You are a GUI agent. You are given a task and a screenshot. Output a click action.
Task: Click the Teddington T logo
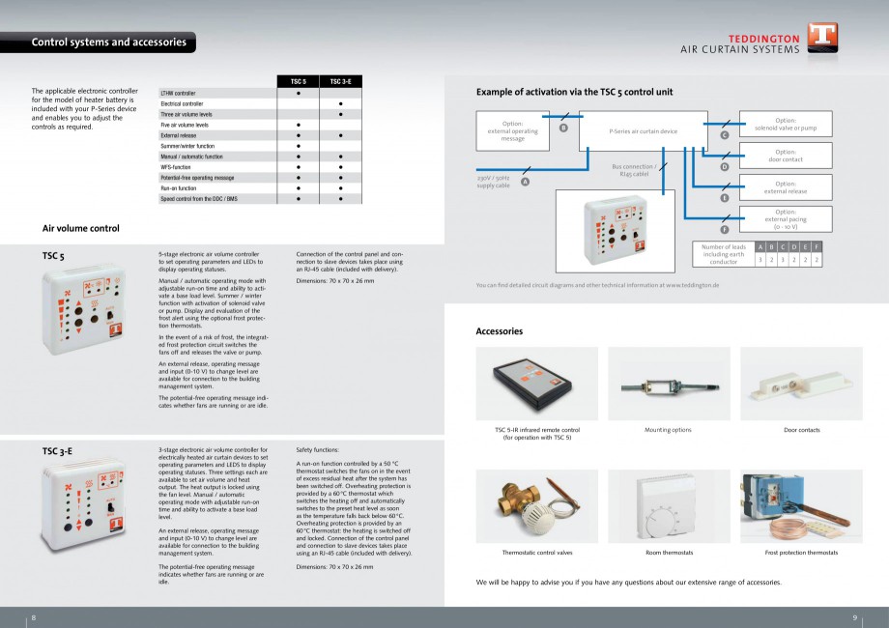tap(822, 39)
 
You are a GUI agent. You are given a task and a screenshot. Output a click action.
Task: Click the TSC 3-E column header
tap(340, 82)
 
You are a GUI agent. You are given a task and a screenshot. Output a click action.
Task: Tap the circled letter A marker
tap(525, 182)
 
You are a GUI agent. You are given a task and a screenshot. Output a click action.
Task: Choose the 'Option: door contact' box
tap(785, 156)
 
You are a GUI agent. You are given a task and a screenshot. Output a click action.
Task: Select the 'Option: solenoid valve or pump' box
tap(785, 124)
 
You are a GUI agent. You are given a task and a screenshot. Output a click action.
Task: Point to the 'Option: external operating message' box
tap(512, 130)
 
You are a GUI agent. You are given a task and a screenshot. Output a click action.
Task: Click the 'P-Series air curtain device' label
tap(643, 130)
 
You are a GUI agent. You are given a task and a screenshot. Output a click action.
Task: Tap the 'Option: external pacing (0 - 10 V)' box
tap(785, 219)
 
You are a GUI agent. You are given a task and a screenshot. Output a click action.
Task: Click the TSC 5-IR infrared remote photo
tap(536, 383)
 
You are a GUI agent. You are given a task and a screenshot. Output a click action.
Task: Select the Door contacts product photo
tap(801, 383)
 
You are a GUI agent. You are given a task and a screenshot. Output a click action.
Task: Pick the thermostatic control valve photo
tap(536, 505)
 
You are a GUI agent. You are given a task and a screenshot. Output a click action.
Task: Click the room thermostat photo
tap(669, 505)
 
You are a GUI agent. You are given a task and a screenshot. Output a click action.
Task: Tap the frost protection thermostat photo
tap(801, 505)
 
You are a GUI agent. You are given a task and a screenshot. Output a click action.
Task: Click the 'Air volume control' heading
tap(81, 228)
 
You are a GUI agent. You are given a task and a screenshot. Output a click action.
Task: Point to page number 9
tap(855, 617)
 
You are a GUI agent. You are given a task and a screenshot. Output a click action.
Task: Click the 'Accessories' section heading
tap(500, 331)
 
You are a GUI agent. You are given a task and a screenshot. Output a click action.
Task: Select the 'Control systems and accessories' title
tap(109, 43)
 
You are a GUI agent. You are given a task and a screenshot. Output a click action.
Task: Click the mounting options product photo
tap(669, 383)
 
